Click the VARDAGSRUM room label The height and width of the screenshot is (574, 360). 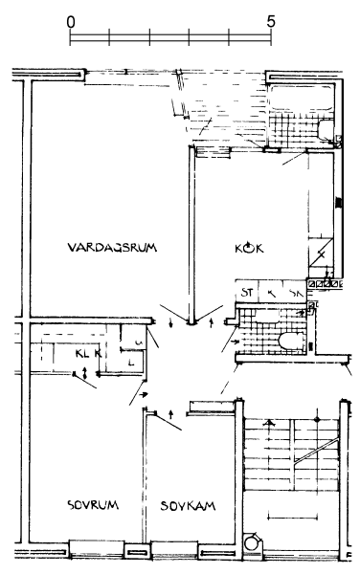112,248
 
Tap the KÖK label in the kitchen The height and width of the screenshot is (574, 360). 248,248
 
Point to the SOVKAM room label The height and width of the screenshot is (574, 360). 186,505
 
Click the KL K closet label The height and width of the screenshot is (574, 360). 89,353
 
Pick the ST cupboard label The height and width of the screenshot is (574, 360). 246,292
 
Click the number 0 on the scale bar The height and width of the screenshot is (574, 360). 71,20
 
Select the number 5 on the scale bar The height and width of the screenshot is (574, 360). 272,20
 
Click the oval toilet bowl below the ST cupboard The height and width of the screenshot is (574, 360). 285,342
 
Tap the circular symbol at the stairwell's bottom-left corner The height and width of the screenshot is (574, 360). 252,542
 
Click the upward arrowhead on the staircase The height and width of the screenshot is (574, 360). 270,425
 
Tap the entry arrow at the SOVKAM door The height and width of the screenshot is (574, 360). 170,413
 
